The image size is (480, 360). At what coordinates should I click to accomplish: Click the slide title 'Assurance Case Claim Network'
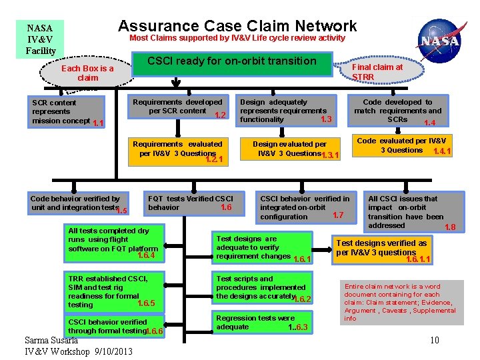point(237,26)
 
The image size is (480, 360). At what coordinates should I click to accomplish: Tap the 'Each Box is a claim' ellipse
point(87,73)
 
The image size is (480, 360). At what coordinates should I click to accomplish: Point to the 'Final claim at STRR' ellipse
point(377,71)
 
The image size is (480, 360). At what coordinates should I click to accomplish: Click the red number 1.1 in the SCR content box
point(98,123)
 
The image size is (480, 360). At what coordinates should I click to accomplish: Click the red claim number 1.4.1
point(441,151)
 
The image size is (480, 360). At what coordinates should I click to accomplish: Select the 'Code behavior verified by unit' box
point(77,204)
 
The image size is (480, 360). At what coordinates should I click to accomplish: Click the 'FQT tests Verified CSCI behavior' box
point(190,204)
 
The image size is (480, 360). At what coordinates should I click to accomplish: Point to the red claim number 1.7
point(337,215)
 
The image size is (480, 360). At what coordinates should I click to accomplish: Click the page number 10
point(434,341)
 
